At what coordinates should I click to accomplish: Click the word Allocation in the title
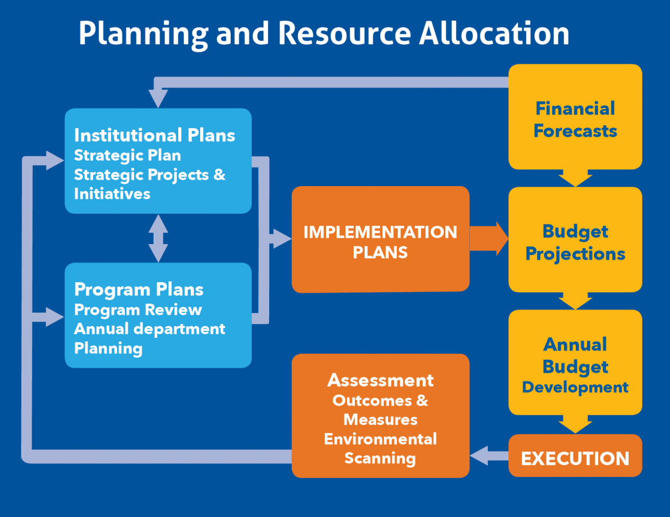point(493,33)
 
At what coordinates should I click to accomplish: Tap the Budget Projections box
point(575,242)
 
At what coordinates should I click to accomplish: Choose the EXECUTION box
point(575,458)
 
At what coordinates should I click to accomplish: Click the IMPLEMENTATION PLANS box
point(380,241)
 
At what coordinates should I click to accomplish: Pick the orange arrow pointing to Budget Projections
point(489,238)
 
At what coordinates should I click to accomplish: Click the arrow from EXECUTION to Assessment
point(489,456)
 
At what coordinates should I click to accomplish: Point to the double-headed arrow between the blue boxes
point(158,238)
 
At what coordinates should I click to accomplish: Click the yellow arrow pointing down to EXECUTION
point(575,424)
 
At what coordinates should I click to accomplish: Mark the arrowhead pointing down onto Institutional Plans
point(158,99)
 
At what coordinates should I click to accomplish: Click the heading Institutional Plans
point(154,135)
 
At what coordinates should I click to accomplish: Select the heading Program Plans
point(139,290)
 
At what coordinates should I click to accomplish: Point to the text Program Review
point(138,310)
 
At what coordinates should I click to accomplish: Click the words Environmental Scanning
point(380,449)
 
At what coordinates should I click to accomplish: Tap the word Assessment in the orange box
point(380,380)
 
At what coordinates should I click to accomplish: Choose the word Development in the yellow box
point(575,387)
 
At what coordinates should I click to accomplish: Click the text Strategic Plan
point(127,155)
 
